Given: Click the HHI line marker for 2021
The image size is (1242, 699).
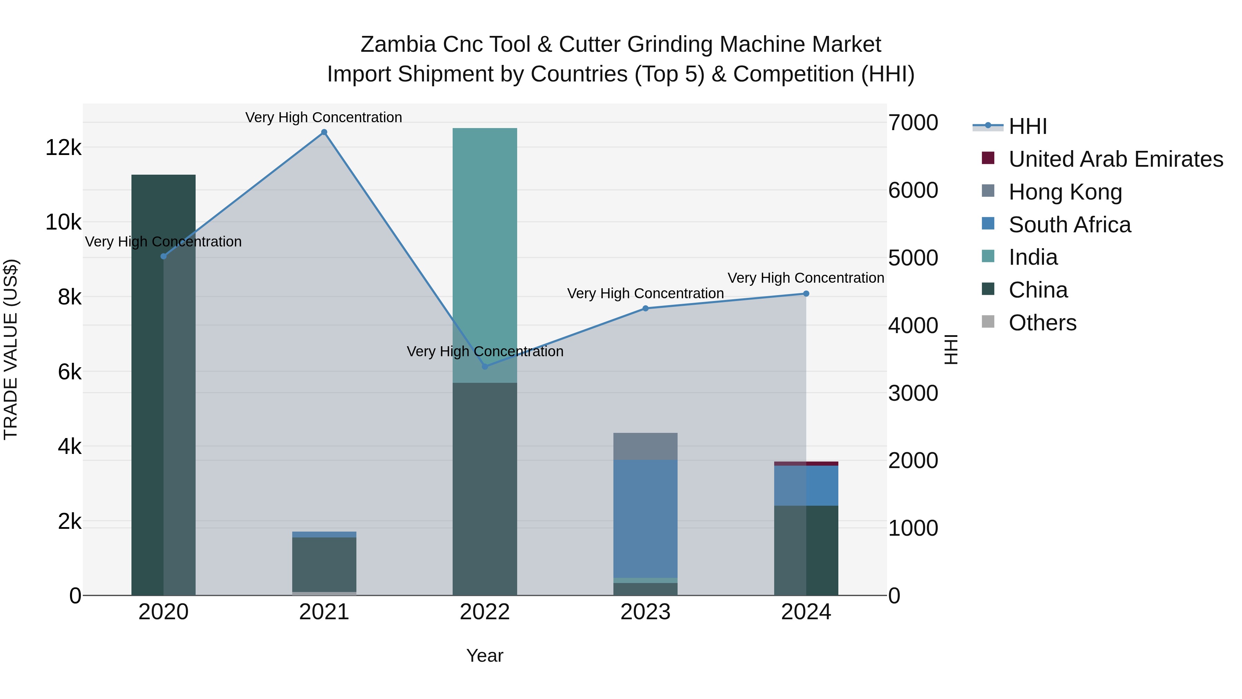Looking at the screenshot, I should (x=324, y=132).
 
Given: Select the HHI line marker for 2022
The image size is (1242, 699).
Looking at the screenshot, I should (x=485, y=367).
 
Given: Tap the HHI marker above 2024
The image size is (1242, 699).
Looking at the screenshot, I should (x=806, y=294).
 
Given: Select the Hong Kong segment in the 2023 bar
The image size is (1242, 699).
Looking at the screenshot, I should (x=645, y=447).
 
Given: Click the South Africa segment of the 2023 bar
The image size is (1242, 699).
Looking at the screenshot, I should (x=645, y=518).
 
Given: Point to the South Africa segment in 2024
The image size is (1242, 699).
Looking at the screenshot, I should (x=806, y=485).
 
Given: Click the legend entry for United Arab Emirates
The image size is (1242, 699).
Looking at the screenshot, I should (x=1116, y=159).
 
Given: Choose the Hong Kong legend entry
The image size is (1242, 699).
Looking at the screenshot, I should (x=1065, y=192).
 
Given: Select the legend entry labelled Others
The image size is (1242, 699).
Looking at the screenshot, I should (x=1042, y=323).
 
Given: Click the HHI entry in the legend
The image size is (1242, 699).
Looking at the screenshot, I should (x=1027, y=126).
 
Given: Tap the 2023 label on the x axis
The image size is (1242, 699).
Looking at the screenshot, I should (x=645, y=612).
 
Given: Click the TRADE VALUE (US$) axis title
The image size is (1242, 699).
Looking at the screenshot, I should (x=11, y=349).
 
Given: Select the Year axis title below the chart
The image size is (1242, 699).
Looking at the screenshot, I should (x=485, y=656).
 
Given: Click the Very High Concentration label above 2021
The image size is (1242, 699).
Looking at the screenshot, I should (x=324, y=117).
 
